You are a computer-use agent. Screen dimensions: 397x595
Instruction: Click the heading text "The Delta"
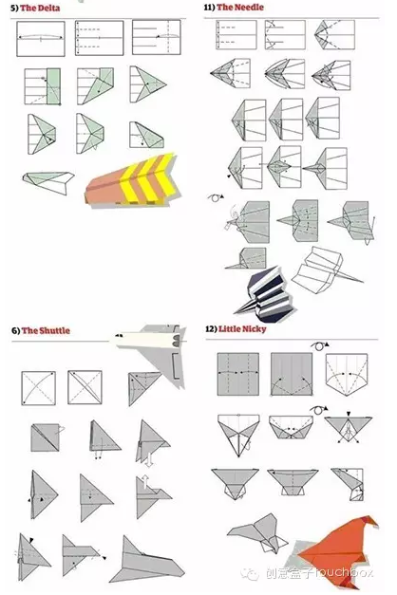(40, 8)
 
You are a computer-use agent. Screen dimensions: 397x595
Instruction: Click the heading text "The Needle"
(240, 8)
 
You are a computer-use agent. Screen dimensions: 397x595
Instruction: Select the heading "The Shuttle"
(46, 330)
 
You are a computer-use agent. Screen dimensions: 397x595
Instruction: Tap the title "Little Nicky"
(242, 328)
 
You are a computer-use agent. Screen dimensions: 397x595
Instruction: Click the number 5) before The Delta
(14, 8)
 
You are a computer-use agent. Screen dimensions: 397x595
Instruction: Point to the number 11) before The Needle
(209, 8)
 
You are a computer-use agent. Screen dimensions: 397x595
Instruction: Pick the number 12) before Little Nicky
(211, 328)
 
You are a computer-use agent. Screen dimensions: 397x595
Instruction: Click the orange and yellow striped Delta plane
(131, 181)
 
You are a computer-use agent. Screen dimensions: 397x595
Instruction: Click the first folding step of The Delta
(41, 38)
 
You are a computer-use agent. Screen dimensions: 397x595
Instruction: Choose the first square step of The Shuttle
(38, 388)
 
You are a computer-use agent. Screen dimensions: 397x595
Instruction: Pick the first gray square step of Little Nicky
(238, 374)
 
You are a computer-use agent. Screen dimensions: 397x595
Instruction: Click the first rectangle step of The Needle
(236, 35)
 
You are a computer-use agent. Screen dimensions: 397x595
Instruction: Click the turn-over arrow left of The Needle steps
(216, 197)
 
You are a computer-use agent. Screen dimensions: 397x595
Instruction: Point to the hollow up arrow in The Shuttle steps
(145, 481)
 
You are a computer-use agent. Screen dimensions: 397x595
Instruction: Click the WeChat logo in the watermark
(251, 574)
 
